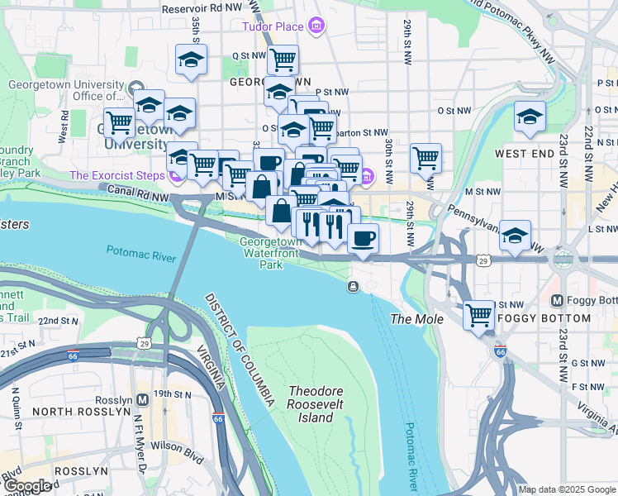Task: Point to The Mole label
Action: tap(417, 319)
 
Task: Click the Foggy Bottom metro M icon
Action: tap(557, 299)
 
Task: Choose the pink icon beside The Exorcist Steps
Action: tap(174, 176)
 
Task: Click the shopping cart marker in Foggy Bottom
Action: tap(479, 315)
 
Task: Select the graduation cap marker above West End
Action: tap(530, 117)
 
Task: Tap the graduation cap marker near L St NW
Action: tap(515, 235)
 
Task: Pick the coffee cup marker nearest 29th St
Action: tap(363, 238)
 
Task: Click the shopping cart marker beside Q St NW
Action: tap(283, 59)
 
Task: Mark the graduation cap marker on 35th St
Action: tap(191, 60)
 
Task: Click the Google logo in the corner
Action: tap(27, 486)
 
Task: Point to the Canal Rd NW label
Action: tap(139, 191)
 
